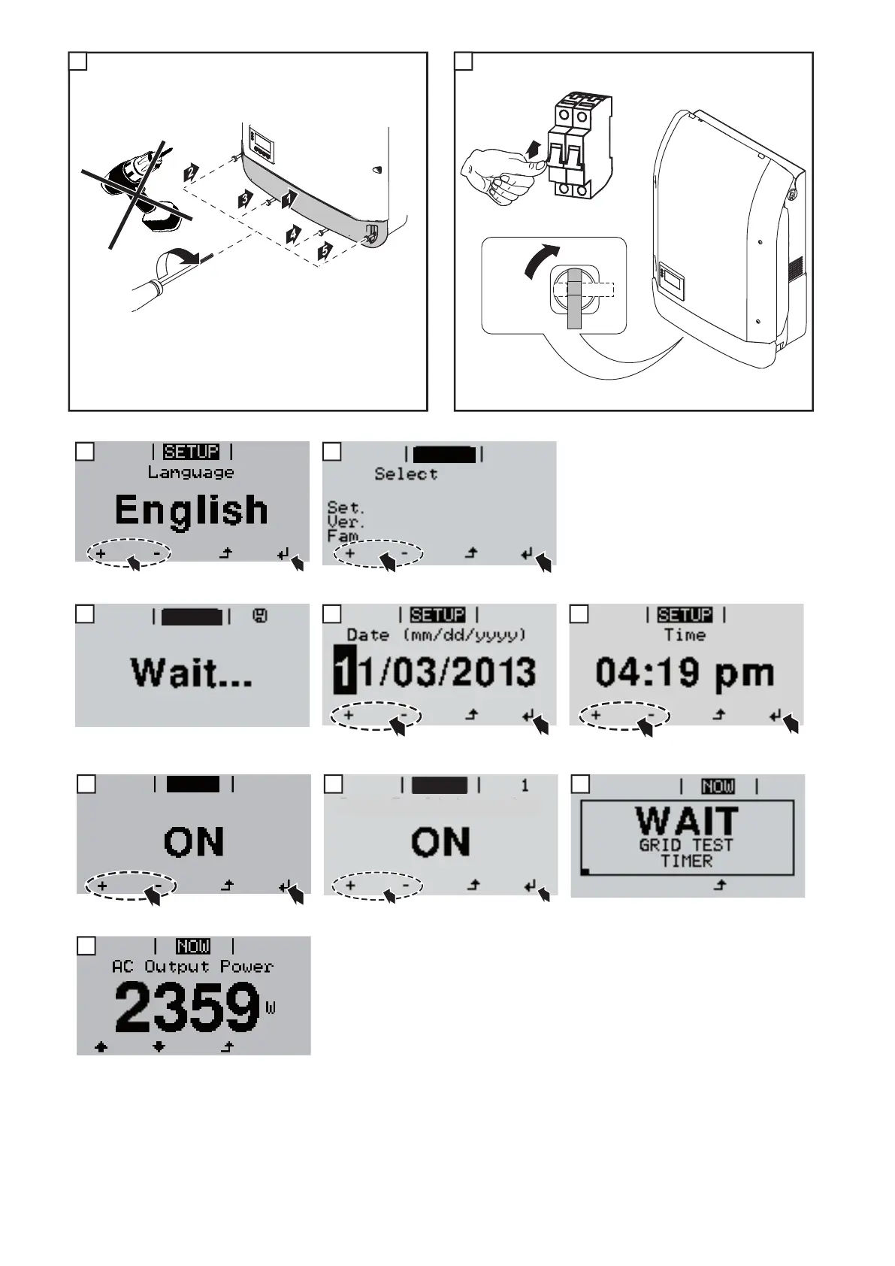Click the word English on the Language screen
click(191, 510)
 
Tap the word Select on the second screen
click(406, 474)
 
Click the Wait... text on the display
click(192, 671)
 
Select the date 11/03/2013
click(435, 671)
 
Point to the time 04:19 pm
click(685, 671)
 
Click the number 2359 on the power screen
click(187, 1007)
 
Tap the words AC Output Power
click(192, 967)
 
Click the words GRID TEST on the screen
click(686, 845)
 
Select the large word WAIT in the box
click(687, 820)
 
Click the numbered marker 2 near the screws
click(192, 173)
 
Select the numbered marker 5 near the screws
click(325, 252)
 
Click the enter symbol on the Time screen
click(775, 716)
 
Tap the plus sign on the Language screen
click(101, 555)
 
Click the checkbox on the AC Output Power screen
click(86, 946)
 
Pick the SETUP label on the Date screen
click(437, 616)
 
